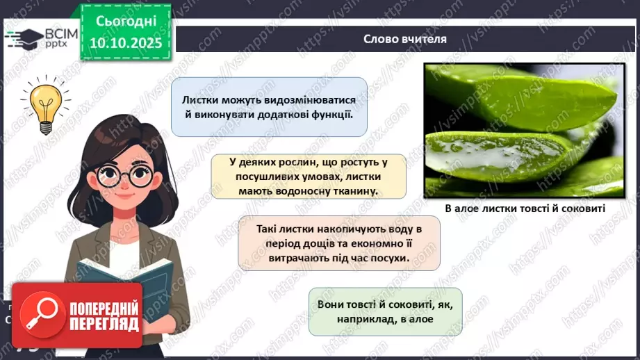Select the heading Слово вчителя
[404, 39]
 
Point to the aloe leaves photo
[523, 130]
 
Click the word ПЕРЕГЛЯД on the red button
[104, 325]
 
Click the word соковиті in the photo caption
[581, 208]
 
